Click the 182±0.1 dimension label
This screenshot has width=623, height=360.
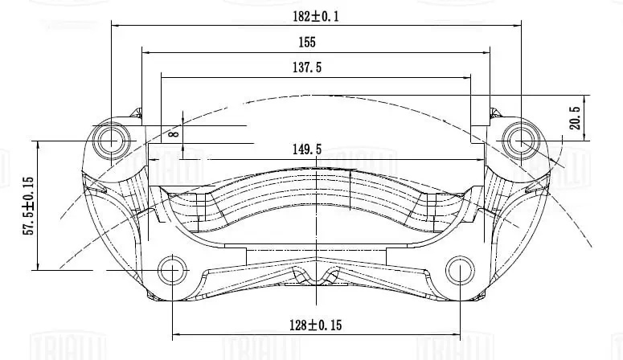(316, 17)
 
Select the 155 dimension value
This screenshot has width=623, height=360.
(307, 42)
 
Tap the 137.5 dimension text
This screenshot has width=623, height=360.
(307, 67)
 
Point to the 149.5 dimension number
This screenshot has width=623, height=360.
(307, 149)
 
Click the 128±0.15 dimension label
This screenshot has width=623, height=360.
(316, 325)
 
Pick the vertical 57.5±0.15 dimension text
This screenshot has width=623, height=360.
(30, 206)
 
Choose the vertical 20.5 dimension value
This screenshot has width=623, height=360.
(575, 118)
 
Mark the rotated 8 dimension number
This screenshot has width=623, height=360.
(174, 133)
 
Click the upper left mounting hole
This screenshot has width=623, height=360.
(111, 141)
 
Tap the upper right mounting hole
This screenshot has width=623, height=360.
(520, 141)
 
